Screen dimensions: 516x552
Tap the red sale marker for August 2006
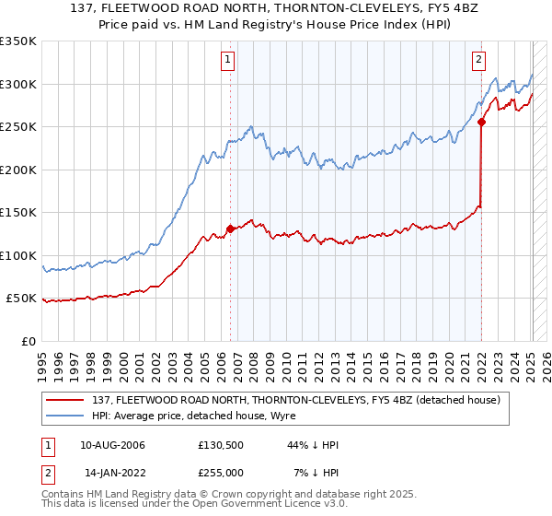(x=230, y=229)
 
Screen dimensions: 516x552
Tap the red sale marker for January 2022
(x=481, y=121)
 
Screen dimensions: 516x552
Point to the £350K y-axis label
(x=18, y=41)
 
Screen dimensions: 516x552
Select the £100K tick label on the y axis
(x=18, y=255)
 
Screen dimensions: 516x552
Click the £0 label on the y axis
(x=29, y=341)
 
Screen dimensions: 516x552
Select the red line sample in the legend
(x=65, y=400)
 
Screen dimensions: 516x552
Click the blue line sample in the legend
(x=65, y=416)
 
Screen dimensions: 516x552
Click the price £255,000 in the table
(x=221, y=472)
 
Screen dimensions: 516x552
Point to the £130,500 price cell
(x=221, y=445)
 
